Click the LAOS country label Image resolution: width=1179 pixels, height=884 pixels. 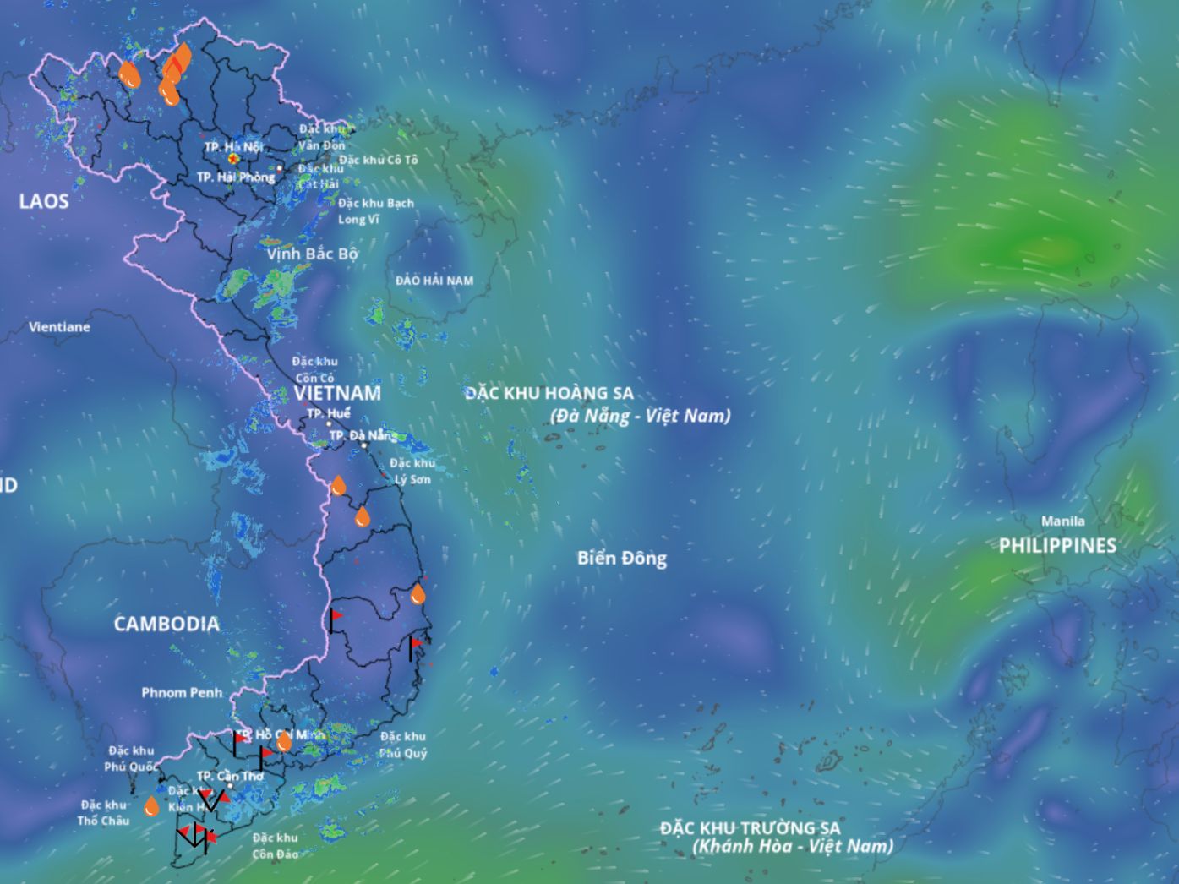coord(44,201)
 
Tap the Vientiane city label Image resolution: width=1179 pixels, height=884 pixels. coord(59,327)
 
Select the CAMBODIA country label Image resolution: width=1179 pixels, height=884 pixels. coord(166,625)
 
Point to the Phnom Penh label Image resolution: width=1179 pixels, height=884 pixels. coord(182,693)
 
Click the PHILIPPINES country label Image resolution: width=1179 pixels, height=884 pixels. coord(1057,546)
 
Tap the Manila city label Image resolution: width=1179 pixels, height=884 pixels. coord(1062,521)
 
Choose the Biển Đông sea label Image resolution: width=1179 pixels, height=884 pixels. coord(622,559)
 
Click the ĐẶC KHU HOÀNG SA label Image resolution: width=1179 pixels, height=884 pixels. coord(549,394)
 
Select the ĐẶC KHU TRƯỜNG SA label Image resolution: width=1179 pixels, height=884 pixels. coord(751,828)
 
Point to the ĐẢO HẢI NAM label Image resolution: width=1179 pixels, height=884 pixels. coord(434,281)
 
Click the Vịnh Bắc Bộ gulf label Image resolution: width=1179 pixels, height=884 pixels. coord(313,254)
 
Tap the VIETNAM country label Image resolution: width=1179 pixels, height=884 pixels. coord(338,394)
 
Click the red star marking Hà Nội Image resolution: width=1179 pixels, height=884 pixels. coord(233,158)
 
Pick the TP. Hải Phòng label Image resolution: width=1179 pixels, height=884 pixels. coord(236,177)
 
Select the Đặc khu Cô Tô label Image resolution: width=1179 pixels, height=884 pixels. coord(379,160)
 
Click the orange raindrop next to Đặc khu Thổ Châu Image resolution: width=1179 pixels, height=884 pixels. coord(151,806)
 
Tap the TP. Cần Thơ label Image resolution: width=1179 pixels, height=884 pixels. coord(230,776)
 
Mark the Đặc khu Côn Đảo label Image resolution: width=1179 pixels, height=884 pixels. coord(276,845)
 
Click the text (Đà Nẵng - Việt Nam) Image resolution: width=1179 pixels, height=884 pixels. coord(640,416)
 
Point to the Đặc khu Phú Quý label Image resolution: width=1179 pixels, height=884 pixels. coord(403,745)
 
